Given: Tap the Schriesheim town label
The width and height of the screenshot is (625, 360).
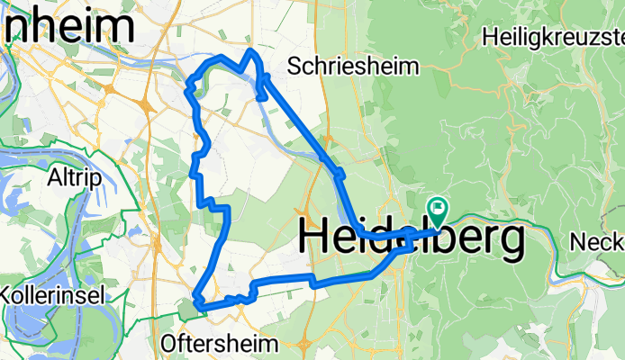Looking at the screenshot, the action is pyautogui.click(x=355, y=67).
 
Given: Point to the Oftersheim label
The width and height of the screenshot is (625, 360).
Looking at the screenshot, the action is pyautogui.click(x=222, y=343).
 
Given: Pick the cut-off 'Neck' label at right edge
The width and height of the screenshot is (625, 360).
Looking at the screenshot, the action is pyautogui.click(x=597, y=242).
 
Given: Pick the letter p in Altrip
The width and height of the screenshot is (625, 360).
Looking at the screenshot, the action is pyautogui.click(x=88, y=176).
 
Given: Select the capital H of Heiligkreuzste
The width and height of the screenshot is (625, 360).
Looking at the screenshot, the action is pyautogui.click(x=489, y=37).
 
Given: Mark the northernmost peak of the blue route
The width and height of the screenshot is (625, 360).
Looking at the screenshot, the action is pyautogui.click(x=251, y=51).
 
